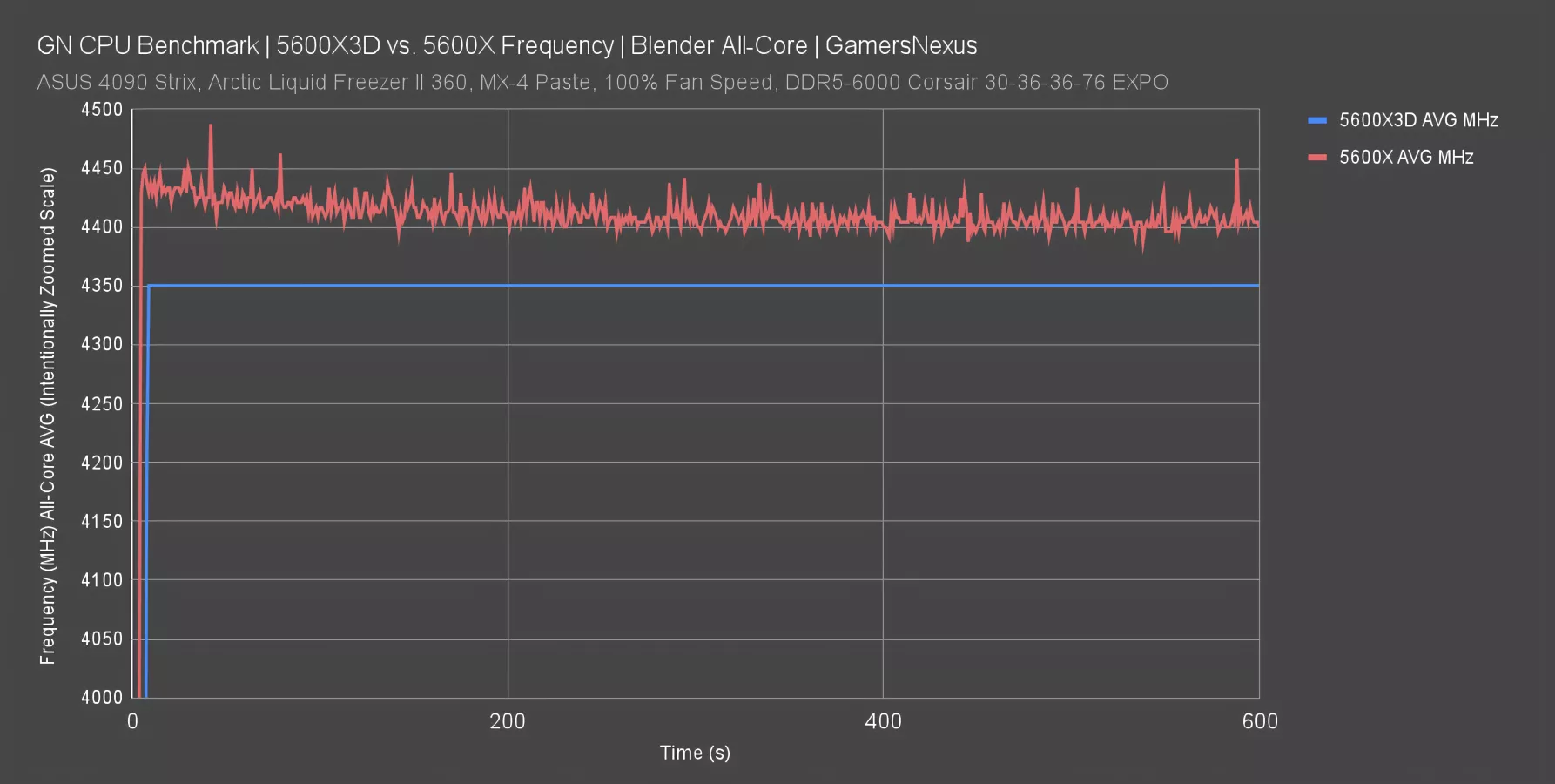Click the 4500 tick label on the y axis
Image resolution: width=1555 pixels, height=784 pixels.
tap(102, 110)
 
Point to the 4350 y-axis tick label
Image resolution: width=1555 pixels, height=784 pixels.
tap(102, 286)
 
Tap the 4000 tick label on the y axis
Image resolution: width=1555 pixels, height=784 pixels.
tap(102, 697)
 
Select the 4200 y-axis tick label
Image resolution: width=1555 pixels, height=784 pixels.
tap(102, 463)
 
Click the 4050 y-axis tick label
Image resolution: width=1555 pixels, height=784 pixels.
tap(102, 639)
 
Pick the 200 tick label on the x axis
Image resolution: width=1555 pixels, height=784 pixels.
tap(508, 721)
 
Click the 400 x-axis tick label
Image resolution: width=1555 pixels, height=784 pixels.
tap(883, 721)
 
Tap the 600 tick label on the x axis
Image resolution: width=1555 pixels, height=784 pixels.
tap(1259, 721)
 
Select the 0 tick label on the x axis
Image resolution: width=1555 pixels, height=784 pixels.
tap(132, 721)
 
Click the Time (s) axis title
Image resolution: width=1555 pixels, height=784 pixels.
tap(695, 753)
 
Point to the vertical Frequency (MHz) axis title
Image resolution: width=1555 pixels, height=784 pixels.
tap(48, 416)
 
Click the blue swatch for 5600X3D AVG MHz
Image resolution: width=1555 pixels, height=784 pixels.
tap(1316, 120)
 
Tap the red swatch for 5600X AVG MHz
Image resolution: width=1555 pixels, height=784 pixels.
tap(1316, 158)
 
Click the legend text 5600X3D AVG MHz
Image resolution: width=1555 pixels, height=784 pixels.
tap(1418, 120)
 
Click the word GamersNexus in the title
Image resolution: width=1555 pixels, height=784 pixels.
tap(901, 45)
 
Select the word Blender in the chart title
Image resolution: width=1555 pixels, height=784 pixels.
tap(674, 45)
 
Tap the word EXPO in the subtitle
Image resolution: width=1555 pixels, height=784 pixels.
tap(1137, 83)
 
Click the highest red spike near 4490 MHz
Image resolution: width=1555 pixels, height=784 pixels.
tap(211, 126)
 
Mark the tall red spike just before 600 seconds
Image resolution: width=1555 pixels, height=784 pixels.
tap(1236, 160)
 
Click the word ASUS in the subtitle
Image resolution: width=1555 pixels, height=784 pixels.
tap(64, 83)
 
